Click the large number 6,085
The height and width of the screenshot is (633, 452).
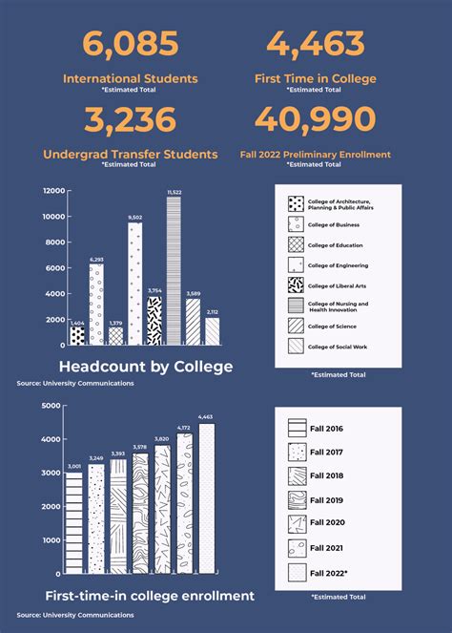tap(131, 44)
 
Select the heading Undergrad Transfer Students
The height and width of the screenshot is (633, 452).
tap(131, 154)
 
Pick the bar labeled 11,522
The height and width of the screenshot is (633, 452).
tap(174, 272)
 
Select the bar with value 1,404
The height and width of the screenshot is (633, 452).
tap(77, 336)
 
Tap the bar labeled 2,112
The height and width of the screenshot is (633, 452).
tap(212, 331)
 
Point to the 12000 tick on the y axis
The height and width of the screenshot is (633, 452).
tap(53, 191)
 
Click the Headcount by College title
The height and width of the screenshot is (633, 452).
tap(145, 367)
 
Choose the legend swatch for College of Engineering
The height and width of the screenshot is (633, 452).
tap(297, 265)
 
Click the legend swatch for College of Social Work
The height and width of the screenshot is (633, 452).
tap(297, 346)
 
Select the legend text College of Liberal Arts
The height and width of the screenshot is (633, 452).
tap(338, 285)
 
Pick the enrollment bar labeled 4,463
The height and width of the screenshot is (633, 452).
tap(206, 498)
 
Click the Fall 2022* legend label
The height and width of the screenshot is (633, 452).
tap(329, 573)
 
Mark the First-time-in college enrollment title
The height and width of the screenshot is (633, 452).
tap(150, 596)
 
